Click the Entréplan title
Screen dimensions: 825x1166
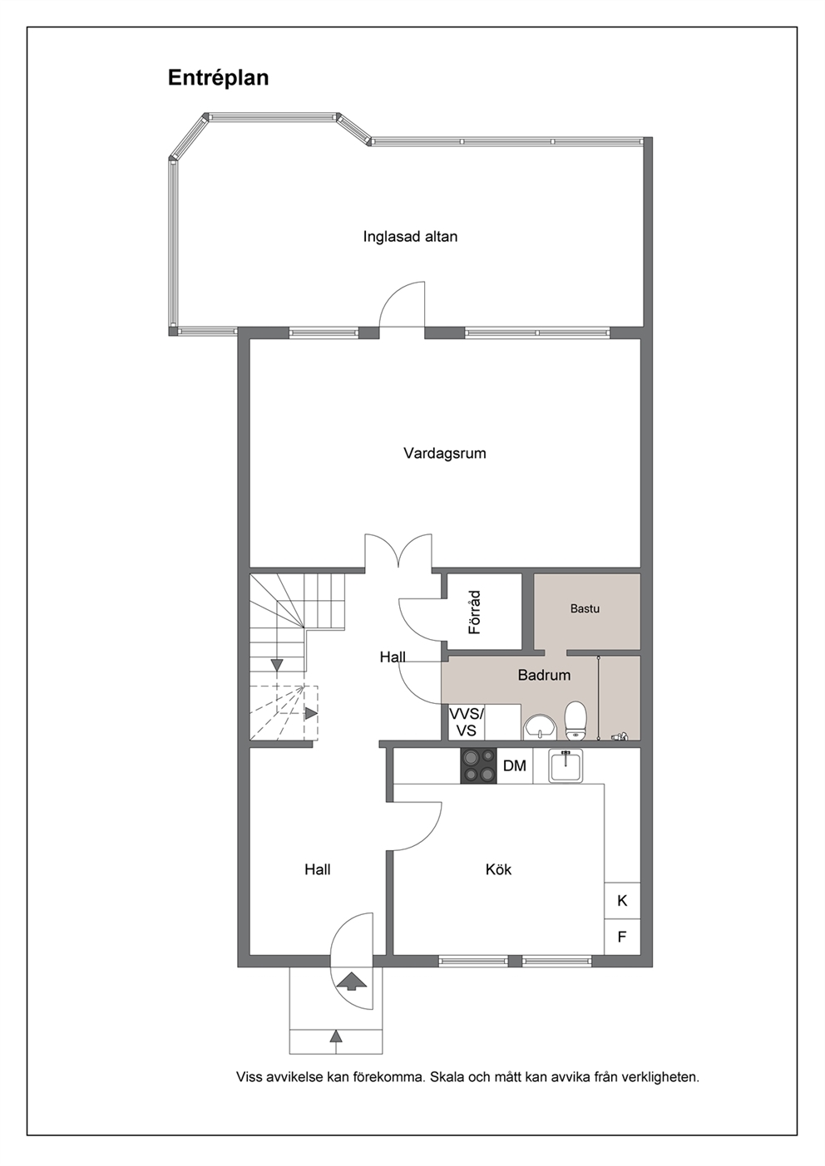[218, 78]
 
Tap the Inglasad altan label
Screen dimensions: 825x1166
[410, 237]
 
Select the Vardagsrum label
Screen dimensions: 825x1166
[445, 454]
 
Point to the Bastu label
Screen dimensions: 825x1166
[585, 608]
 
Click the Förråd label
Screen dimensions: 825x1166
[474, 613]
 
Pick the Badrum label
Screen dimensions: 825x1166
[544, 675]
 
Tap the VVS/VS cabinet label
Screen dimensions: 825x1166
[467, 722]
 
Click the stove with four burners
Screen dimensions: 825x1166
[479, 765]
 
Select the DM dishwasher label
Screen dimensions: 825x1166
[515, 765]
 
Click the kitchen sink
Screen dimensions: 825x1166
[566, 765]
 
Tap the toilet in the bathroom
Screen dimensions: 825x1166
[576, 721]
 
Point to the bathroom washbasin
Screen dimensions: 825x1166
[541, 726]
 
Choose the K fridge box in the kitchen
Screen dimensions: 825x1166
[622, 901]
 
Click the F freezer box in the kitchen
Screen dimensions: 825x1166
[622, 937]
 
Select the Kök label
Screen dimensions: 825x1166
[498, 869]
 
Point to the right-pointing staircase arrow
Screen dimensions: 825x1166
[311, 713]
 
